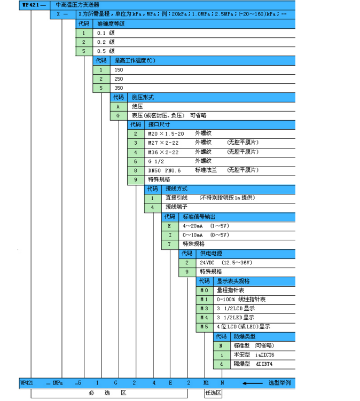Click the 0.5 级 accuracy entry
[105, 51]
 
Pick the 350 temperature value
[119, 88]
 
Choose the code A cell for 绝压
[119, 106]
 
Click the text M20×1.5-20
[166, 133]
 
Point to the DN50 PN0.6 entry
[165, 170]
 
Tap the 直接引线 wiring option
[176, 198]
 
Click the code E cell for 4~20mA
[170, 225]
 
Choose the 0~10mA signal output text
[193, 234]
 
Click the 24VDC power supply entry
[208, 263]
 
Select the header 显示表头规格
[233, 281]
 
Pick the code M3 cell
[204, 309]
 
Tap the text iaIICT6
[264, 355]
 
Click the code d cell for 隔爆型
[222, 364]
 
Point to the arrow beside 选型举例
[253, 383]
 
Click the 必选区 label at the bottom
[110, 393]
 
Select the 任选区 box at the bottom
[213, 393]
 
